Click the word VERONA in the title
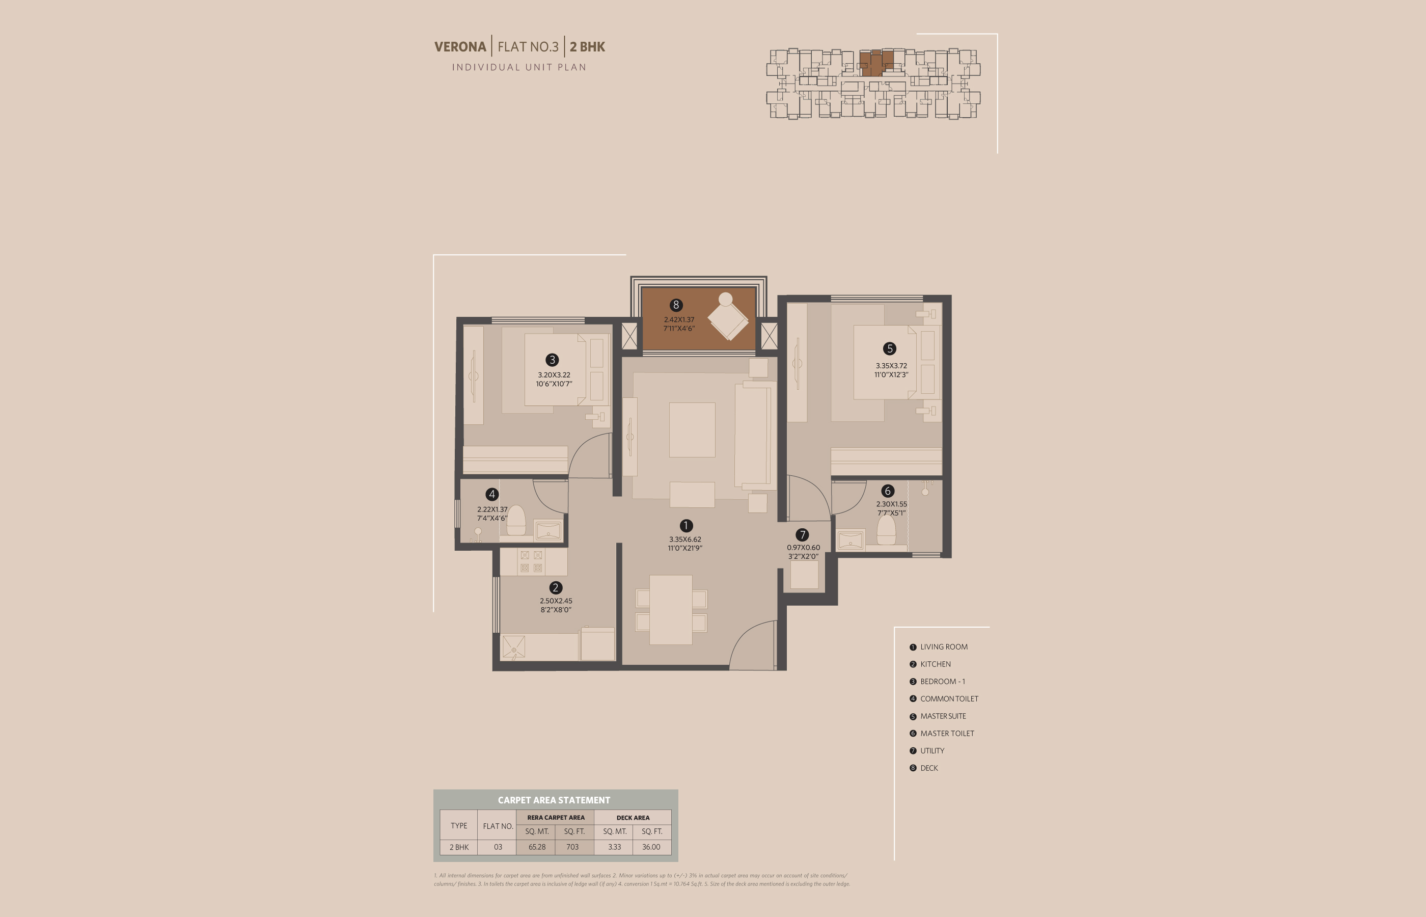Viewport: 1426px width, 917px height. pos(460,46)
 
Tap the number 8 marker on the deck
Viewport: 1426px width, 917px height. pos(675,305)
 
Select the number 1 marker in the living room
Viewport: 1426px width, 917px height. pos(685,526)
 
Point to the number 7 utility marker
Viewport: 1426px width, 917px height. pos(802,535)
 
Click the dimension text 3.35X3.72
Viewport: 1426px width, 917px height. pos(891,366)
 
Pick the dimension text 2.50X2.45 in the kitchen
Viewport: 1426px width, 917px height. pos(556,601)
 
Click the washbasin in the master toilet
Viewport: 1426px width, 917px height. pos(850,541)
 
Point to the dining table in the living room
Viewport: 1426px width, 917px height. pos(671,609)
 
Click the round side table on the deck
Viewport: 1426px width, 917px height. pos(726,299)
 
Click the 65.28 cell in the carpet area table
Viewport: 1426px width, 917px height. pos(537,847)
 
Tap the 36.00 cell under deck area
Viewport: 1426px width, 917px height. pos(651,847)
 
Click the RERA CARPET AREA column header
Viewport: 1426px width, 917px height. pos(556,818)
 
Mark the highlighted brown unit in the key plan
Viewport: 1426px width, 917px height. pos(876,63)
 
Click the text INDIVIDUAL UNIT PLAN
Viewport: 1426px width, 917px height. pos(519,67)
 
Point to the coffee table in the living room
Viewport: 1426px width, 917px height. pos(692,430)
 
